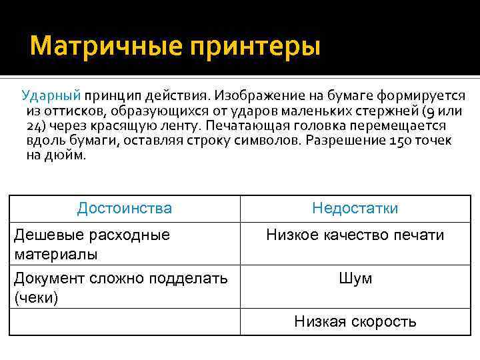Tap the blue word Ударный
click(51, 96)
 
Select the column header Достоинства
click(125, 209)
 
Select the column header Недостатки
click(355, 209)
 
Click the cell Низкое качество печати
click(355, 235)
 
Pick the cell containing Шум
click(355, 279)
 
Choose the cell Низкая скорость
click(355, 322)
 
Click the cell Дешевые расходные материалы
click(92, 244)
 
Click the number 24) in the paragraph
click(36, 126)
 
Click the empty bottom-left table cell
click(125, 322)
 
